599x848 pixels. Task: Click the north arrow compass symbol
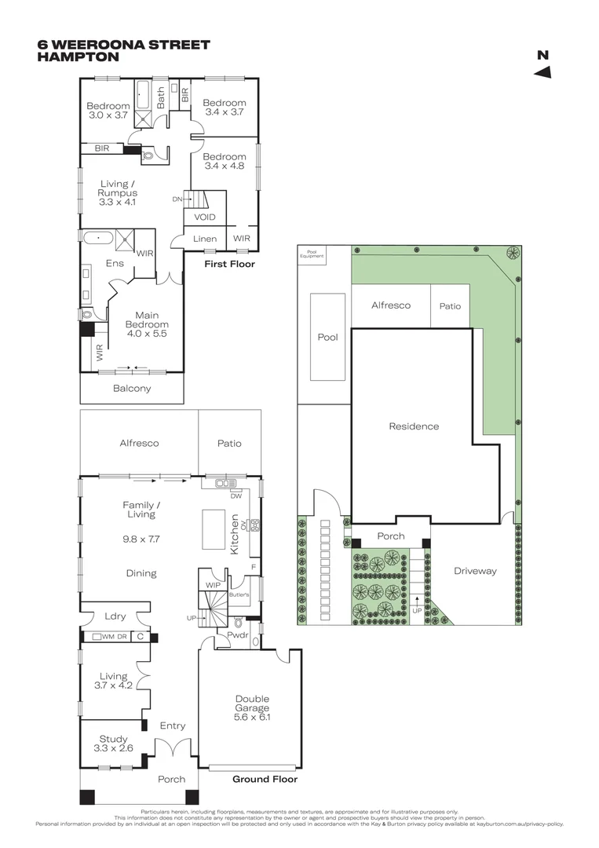pos(542,72)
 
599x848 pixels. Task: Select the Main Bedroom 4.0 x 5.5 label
pos(147,323)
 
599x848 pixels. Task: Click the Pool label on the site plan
pos(327,337)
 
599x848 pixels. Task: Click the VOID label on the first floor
pos(205,217)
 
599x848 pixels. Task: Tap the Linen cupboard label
pos(205,239)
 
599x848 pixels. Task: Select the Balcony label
pos(132,388)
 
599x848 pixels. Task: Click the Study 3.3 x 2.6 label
pos(113,744)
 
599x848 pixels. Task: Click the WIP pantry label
pos(213,585)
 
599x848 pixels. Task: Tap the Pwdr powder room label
pos(238,633)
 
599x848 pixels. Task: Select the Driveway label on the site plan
pos(475,571)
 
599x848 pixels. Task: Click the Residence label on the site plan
pos(414,426)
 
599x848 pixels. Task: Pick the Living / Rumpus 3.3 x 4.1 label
pos(118,193)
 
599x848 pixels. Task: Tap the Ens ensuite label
pos(115,264)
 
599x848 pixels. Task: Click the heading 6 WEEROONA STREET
pos(123,45)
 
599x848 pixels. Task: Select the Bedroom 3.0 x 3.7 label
pos(108,111)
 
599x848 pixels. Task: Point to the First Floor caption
pos(229,265)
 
